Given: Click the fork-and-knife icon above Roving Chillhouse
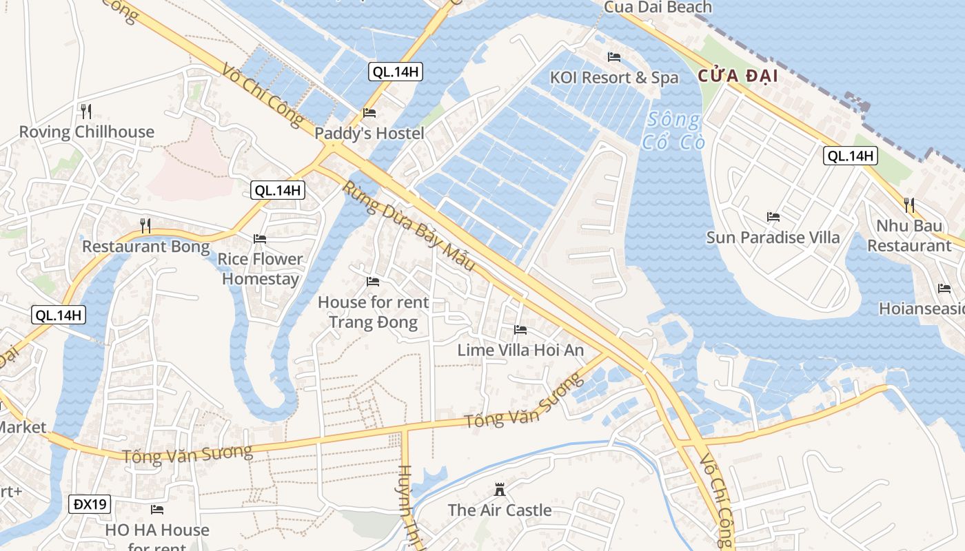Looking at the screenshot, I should coord(85,111).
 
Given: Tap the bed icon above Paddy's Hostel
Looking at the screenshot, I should coord(369,113).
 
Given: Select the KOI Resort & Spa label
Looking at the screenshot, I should coord(614,78).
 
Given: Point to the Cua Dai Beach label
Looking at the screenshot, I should coord(658,8).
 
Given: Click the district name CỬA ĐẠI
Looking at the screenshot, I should coord(738,76).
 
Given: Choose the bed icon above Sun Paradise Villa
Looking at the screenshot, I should coord(773,217).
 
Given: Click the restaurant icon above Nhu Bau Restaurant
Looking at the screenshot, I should coord(909,205).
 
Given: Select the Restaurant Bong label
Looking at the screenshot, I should coord(146,247).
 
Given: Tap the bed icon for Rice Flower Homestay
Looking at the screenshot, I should coord(260,239).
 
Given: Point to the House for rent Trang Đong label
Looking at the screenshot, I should coord(373,312).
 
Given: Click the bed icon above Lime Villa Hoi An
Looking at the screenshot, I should coord(520,330).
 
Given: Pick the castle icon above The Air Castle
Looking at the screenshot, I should coord(500,490).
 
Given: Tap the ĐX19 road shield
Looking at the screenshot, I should coord(90,504).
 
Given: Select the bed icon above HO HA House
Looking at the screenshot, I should coord(157,510).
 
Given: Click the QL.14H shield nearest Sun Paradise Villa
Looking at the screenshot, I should coord(851,156).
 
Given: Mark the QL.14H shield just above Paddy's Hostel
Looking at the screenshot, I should coord(395,71).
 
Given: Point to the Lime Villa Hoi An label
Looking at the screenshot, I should coord(520,350).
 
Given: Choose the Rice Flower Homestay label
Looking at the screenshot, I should coord(261,269).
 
